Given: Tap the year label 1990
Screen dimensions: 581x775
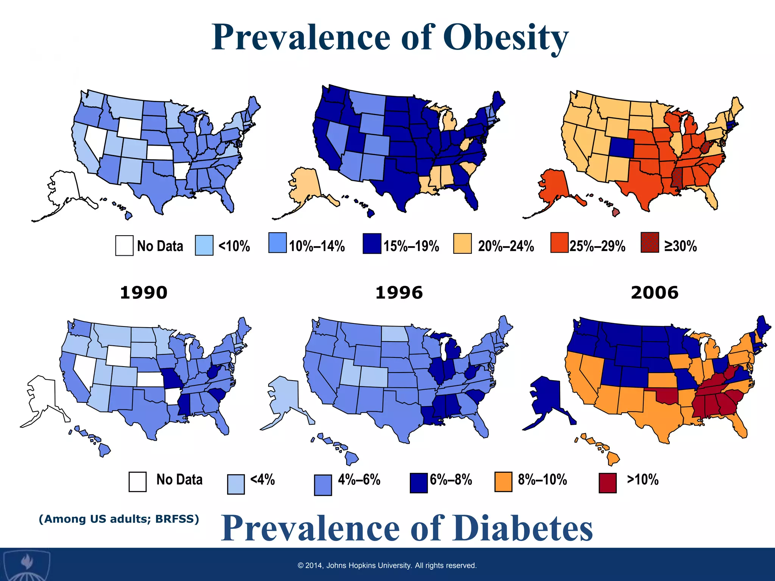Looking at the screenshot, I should pyautogui.click(x=143, y=293).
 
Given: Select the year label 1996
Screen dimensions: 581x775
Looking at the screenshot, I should pyautogui.click(x=399, y=293).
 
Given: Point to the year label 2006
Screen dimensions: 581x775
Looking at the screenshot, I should pyautogui.click(x=654, y=293).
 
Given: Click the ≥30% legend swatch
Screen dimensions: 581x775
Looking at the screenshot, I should pyautogui.click(x=650, y=242).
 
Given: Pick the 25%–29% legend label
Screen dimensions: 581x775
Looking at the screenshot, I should pyautogui.click(x=597, y=246).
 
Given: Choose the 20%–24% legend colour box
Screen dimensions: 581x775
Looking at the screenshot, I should pyautogui.click(x=462, y=244).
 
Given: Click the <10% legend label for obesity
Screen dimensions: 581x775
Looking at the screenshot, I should pyautogui.click(x=234, y=246).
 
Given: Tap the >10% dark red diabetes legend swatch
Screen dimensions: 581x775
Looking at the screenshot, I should pyautogui.click(x=607, y=483).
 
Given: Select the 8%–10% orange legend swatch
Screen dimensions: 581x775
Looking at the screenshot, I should pyautogui.click(x=503, y=482).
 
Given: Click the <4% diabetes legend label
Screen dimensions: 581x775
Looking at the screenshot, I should pyautogui.click(x=262, y=480).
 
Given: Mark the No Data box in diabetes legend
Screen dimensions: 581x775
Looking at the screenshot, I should pyautogui.click(x=137, y=482).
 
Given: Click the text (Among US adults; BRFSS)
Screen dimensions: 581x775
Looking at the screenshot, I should pyautogui.click(x=119, y=519).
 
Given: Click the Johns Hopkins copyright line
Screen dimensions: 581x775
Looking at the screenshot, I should pyautogui.click(x=387, y=565).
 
